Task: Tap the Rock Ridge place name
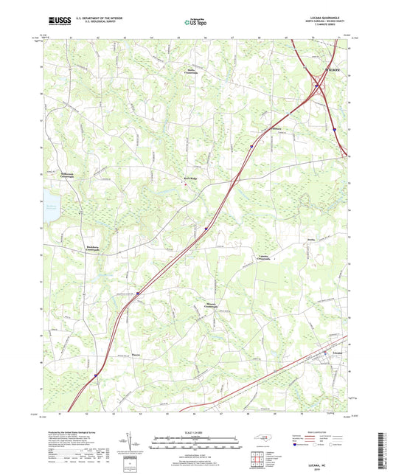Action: coord(191,178)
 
